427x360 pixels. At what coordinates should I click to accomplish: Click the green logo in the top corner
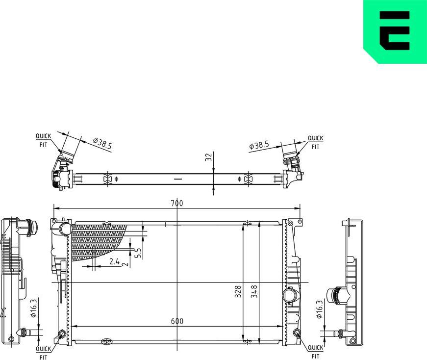point(395,31)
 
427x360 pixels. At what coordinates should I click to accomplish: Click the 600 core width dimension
point(177,321)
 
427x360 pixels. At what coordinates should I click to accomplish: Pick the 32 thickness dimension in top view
point(208,157)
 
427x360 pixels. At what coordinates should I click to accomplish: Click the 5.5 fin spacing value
point(138,253)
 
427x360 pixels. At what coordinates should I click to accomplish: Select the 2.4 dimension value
point(114,262)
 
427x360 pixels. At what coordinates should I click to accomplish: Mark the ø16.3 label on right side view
point(319,309)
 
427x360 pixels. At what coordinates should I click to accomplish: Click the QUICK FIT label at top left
point(43,140)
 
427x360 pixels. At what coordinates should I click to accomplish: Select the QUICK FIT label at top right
point(315,142)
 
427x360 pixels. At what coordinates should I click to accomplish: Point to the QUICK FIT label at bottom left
point(43,352)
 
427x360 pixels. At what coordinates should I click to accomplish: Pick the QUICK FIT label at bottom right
point(315,352)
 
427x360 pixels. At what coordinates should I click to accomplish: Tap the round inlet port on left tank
point(64,229)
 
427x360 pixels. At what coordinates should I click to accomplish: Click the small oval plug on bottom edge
point(106,341)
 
